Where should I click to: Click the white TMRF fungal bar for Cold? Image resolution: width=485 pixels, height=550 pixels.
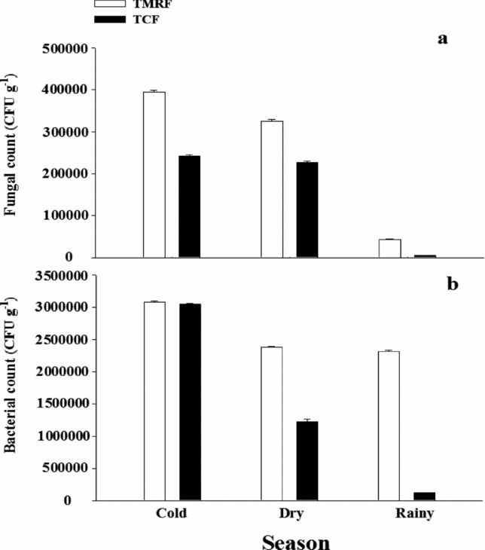154,174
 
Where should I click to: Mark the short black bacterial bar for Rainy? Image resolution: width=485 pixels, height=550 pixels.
425,496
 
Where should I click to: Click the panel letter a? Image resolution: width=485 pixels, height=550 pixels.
443,38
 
